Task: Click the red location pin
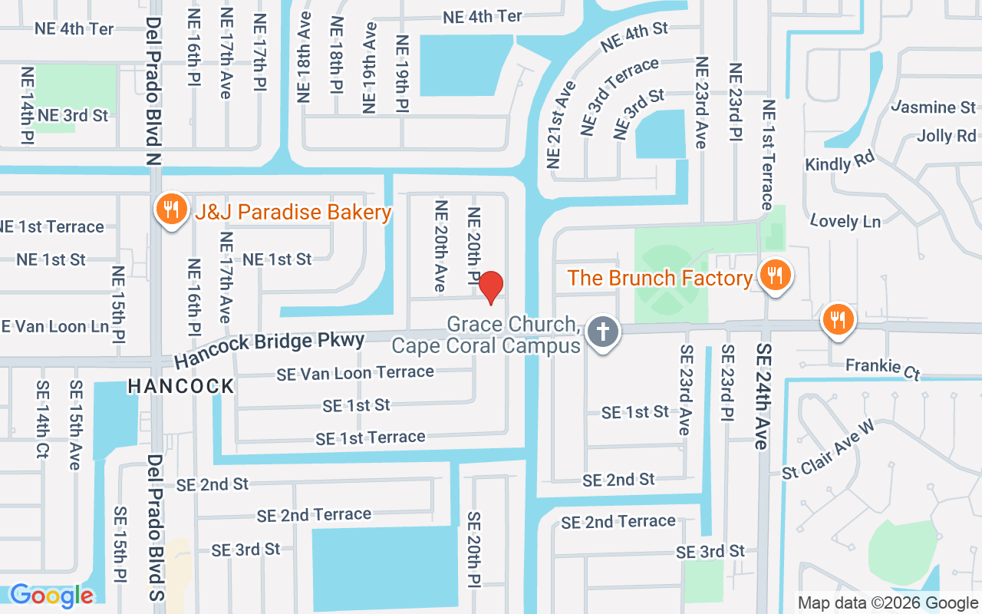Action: [491, 287]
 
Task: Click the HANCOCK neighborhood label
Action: [181, 385]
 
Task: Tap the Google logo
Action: [51, 595]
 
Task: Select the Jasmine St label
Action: [934, 107]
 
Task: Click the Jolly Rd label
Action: [947, 137]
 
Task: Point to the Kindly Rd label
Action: [839, 163]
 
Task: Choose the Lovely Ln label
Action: [845, 221]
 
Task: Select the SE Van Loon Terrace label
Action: [355, 373]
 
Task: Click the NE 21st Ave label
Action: [560, 124]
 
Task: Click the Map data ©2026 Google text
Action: [888, 603]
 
